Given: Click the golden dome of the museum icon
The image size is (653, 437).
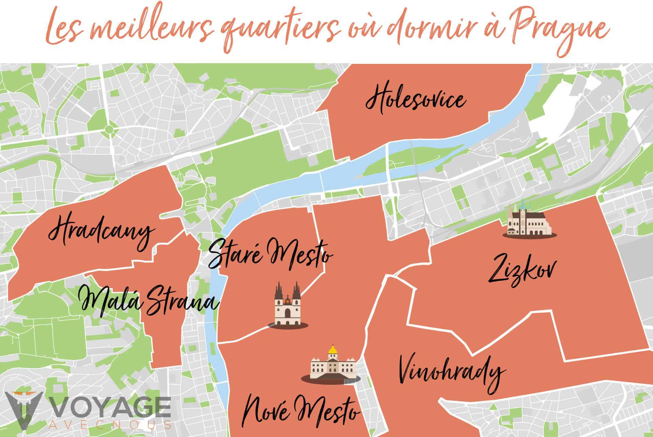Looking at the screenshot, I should [x=332, y=349].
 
